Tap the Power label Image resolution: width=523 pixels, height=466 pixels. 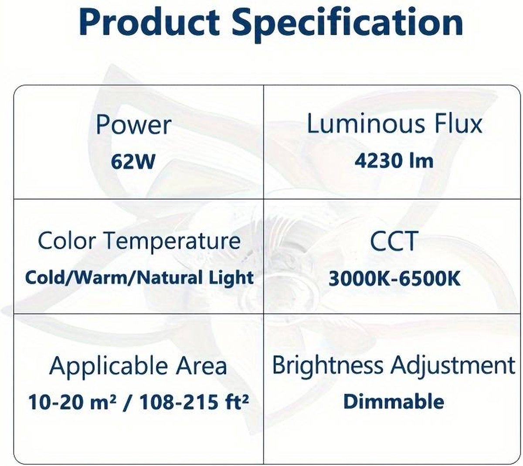point(133,125)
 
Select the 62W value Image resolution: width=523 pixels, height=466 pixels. point(133,162)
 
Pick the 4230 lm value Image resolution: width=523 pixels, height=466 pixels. point(394,161)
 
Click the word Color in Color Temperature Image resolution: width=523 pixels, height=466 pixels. point(67,240)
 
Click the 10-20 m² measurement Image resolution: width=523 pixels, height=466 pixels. point(72,402)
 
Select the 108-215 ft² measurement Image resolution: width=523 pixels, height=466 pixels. point(194,402)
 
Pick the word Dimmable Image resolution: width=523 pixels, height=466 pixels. point(394,401)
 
